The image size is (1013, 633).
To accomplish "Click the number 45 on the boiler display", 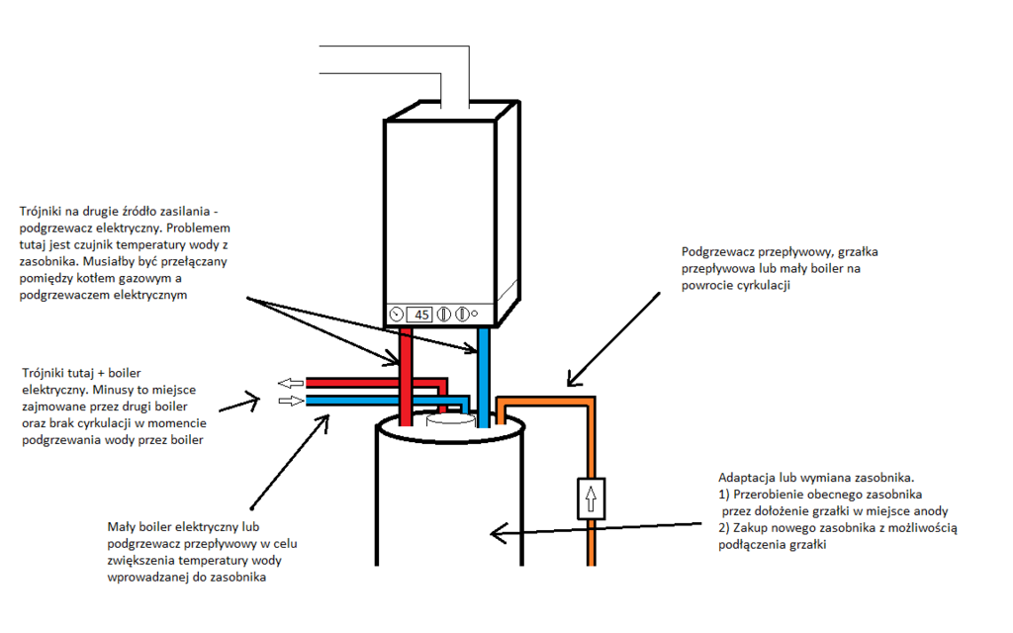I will point(420,315).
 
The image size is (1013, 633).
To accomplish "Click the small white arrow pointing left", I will point(291,383).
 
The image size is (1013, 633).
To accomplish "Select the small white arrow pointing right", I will point(291,401).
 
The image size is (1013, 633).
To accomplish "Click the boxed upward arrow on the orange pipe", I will point(591,497).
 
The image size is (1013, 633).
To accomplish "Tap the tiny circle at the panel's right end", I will point(476,315).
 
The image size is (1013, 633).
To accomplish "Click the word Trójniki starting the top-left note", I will point(42,212).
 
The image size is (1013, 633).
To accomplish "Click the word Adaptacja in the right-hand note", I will point(746,477).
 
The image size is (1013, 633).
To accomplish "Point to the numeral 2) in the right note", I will point(723,528).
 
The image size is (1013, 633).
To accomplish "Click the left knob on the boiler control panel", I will point(445,315).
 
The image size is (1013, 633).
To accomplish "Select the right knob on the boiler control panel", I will point(462,315).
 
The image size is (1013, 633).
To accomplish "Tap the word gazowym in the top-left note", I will point(148,280).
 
